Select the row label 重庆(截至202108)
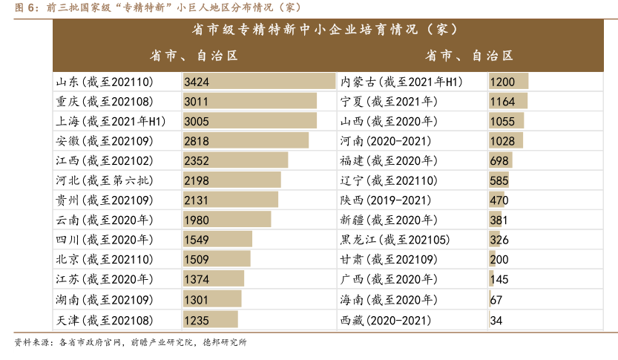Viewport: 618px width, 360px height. pyautogui.click(x=104, y=101)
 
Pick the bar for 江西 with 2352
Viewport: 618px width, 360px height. pyautogui.click(x=235, y=160)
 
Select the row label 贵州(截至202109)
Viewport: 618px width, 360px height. pyautogui.click(x=104, y=200)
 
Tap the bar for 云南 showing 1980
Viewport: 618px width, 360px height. pyautogui.click(x=227, y=220)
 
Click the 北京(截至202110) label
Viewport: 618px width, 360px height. pyautogui.click(x=104, y=259)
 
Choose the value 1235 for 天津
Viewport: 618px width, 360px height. pyautogui.click(x=197, y=319)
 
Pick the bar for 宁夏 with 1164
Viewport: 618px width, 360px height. pyautogui.click(x=508, y=101)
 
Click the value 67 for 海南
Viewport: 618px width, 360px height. pyautogui.click(x=496, y=299)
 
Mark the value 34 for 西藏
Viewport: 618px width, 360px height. pyautogui.click(x=496, y=319)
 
